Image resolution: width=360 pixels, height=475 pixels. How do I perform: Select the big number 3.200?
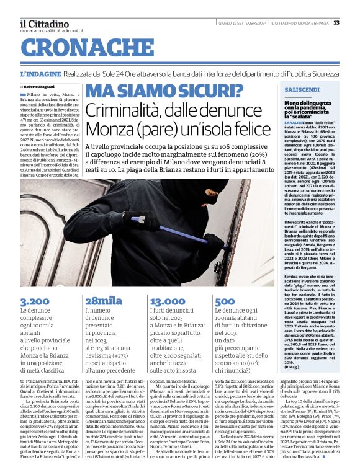coord(35,301)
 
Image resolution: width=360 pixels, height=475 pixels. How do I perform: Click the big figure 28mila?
coord(104,301)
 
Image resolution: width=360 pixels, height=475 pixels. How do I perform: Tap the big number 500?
coord(225,301)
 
